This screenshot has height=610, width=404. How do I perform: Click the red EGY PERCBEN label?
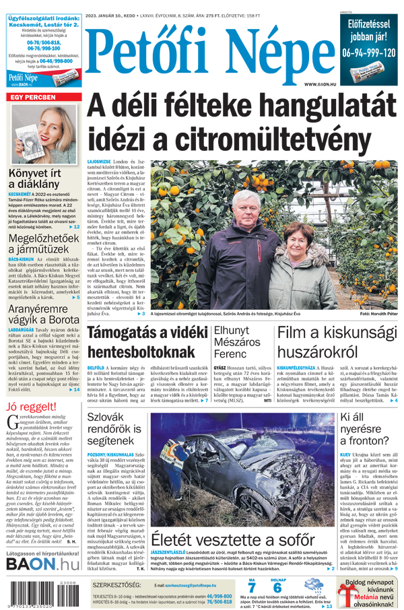click(x=33, y=98)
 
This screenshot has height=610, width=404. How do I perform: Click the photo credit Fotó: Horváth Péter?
click(x=378, y=314)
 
